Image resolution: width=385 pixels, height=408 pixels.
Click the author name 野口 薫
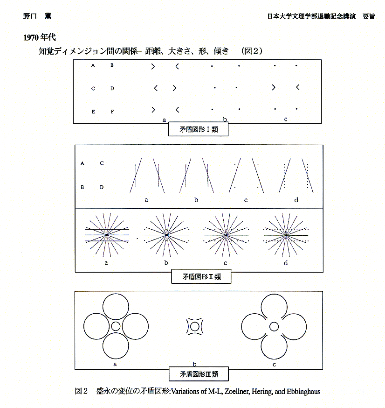(37, 16)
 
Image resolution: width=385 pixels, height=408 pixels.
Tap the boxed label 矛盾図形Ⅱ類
(201, 276)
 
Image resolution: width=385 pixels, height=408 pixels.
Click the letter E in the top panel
(93, 112)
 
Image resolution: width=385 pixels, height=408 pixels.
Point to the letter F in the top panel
(112, 112)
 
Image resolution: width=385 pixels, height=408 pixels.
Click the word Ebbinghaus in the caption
(303, 392)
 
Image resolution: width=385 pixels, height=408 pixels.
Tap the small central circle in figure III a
(115, 326)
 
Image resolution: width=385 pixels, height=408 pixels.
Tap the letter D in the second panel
(102, 187)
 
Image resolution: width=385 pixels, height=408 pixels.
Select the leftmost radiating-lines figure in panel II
(107, 235)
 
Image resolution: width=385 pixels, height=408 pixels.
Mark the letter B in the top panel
(112, 65)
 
